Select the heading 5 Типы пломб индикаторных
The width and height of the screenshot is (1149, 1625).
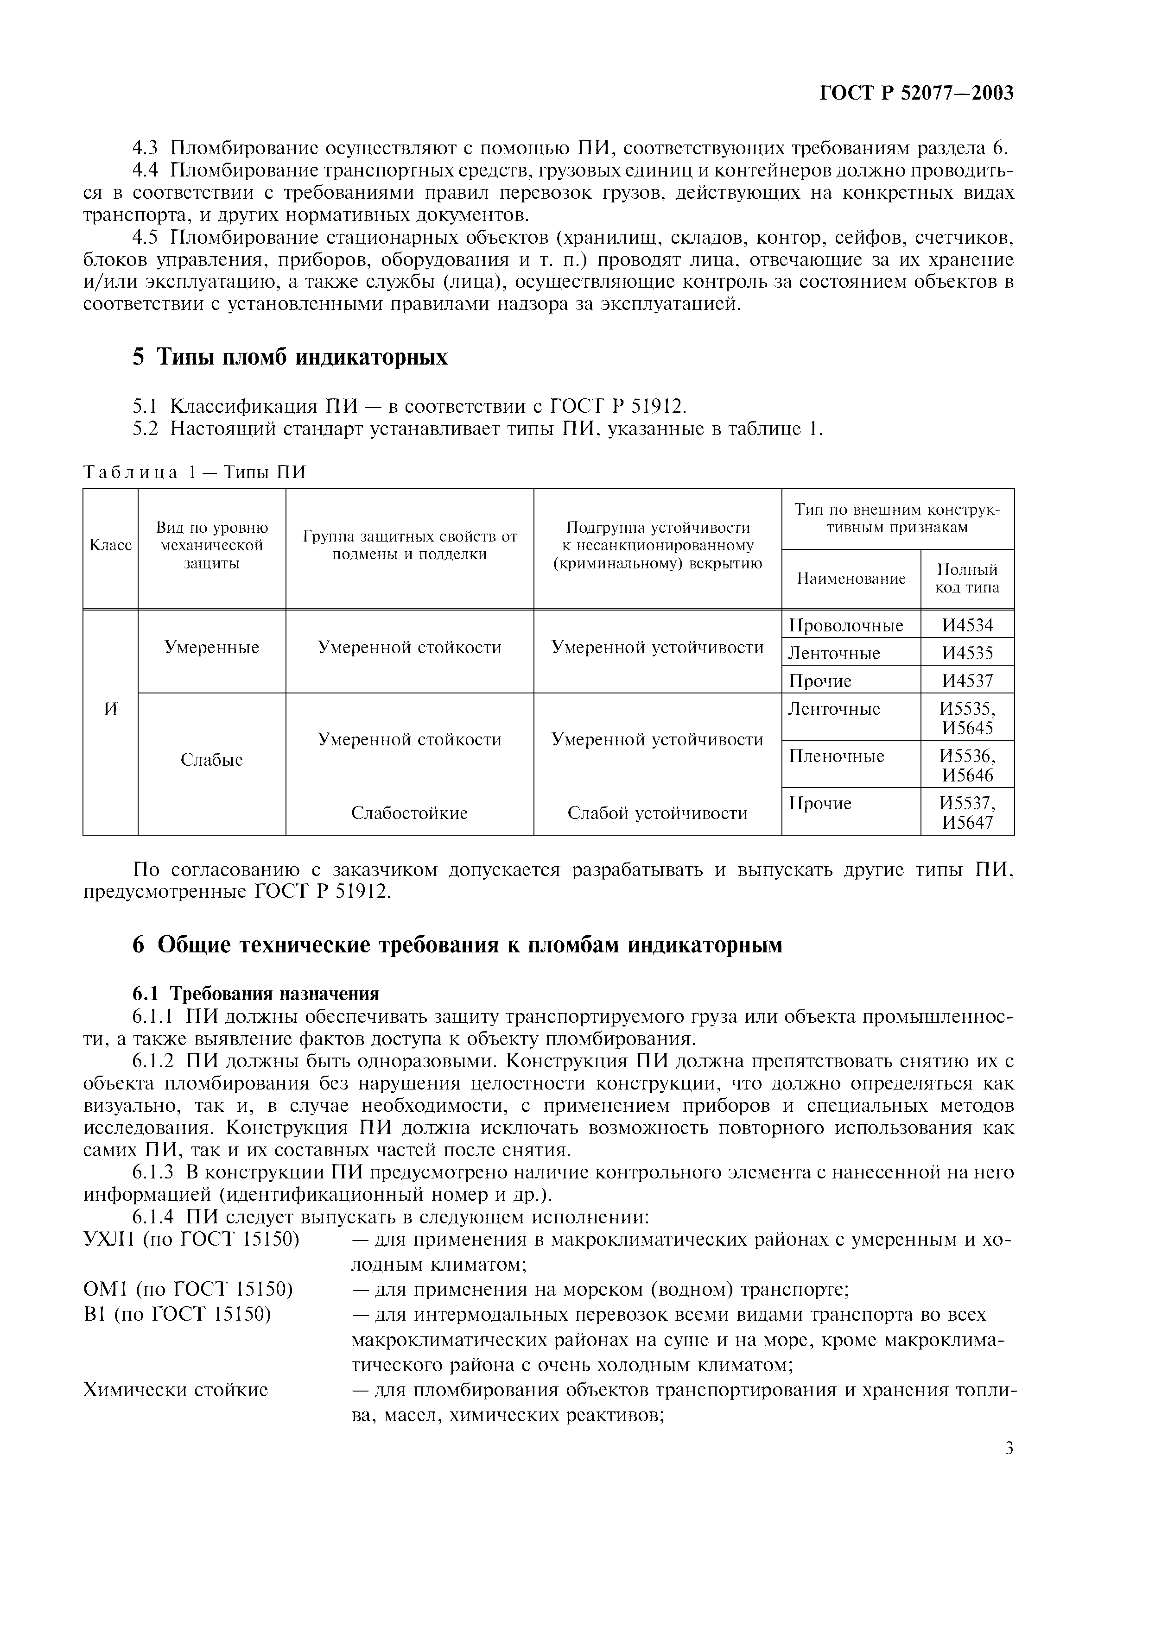(x=290, y=357)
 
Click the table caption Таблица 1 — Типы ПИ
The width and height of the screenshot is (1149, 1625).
(x=195, y=472)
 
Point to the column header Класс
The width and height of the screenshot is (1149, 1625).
(x=110, y=545)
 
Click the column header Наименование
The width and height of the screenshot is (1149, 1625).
(x=851, y=578)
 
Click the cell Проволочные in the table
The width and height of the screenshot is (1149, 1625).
(x=846, y=626)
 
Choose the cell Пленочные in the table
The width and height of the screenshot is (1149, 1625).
(x=836, y=756)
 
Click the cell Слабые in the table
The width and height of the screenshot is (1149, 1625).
(x=212, y=759)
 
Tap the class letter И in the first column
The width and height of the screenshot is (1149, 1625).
(x=110, y=709)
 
